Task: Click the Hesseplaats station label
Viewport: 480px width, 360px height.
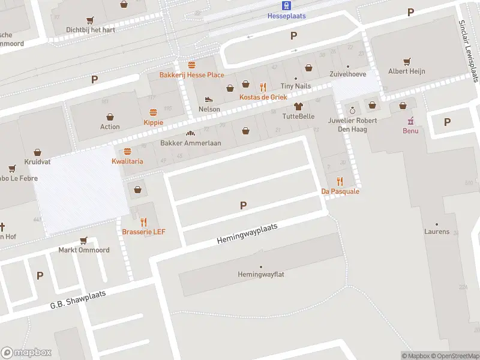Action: click(287, 16)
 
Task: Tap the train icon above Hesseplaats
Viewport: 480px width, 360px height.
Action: click(287, 6)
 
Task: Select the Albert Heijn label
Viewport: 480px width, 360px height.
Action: click(407, 71)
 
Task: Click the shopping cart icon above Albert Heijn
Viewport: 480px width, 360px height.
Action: click(407, 61)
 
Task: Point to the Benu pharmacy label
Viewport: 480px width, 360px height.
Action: click(411, 131)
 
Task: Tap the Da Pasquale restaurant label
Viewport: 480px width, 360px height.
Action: click(340, 191)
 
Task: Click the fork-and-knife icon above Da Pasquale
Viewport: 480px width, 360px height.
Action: click(340, 181)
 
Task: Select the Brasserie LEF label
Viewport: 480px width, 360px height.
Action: click(143, 232)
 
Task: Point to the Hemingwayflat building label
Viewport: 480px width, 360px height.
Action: click(260, 275)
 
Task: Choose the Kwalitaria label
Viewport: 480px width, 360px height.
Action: click(127, 161)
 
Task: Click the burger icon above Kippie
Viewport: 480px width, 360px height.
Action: click(153, 112)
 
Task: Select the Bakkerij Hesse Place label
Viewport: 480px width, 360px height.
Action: click(191, 75)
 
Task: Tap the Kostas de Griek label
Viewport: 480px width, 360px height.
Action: click(263, 97)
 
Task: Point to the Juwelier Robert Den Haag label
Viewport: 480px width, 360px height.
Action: click(353, 124)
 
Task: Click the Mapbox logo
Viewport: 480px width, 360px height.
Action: click(26, 353)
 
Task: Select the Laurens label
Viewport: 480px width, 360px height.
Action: click(437, 232)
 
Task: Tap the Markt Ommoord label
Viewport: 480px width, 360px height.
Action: click(83, 250)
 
